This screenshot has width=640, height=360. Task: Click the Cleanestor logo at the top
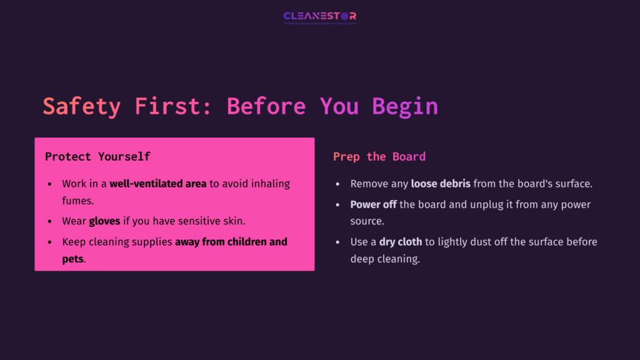click(319, 17)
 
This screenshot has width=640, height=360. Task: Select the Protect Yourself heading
click(97, 157)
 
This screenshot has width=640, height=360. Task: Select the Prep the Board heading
click(379, 157)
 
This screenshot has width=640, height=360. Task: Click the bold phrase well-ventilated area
click(157, 184)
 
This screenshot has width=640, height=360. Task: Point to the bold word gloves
click(104, 221)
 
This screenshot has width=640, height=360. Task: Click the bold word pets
click(72, 259)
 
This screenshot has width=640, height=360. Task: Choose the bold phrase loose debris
click(441, 184)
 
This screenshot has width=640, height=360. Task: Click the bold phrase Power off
click(373, 205)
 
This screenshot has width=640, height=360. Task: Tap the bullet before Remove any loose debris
click(338, 184)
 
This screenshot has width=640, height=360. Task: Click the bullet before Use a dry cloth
click(338, 242)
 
